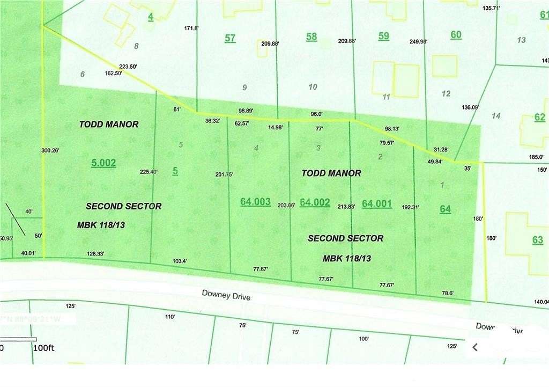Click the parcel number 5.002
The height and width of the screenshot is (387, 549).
pos(103,163)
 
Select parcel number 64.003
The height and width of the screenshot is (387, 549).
pos(255,201)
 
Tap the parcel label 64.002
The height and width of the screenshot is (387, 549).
pos(315,202)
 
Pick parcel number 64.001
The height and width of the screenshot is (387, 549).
pos(377,203)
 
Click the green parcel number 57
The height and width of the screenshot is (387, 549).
pos(230,38)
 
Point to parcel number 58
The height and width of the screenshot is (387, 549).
pos(311,37)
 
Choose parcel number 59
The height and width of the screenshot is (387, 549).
pos(384,36)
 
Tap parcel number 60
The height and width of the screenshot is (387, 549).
pos(456,35)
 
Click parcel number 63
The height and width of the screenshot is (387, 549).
pos(538,240)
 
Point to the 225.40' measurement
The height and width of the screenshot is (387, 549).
pos(149,172)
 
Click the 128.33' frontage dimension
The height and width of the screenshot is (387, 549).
pos(95,253)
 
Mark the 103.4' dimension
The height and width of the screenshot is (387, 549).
pos(179,261)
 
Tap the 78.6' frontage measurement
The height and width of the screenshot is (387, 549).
pos(447,293)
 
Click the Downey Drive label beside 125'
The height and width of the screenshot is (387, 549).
pos(226,295)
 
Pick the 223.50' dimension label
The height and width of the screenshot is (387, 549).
pos(128,67)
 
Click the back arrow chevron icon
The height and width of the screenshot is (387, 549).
pos(474,347)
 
